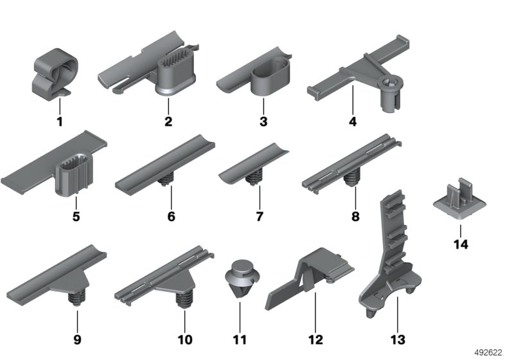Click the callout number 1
tap(60, 122)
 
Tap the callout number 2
tap(168, 122)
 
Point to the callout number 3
tap(263, 122)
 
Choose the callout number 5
tap(76, 217)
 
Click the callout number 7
tap(260, 217)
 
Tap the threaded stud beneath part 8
tap(351, 177)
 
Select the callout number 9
tap(77, 339)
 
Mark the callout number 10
tap(185, 339)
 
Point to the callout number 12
tap(315, 339)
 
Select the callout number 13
tap(398, 339)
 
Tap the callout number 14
tap(461, 244)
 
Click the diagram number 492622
tap(488, 352)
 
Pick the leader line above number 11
tap(240, 317)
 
